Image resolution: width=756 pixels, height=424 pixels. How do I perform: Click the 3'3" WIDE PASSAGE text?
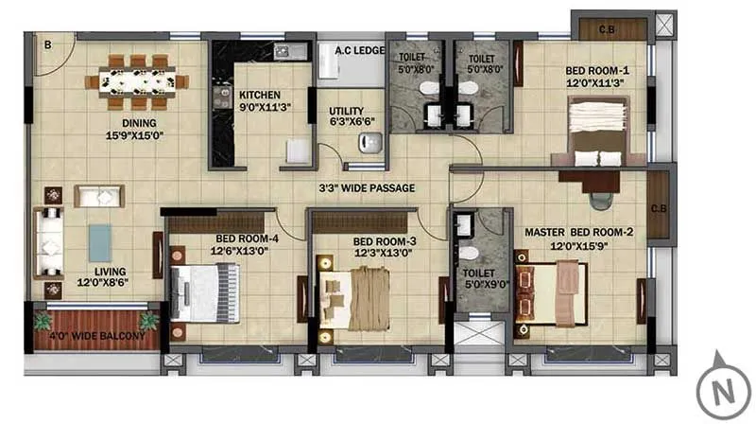click(367, 188)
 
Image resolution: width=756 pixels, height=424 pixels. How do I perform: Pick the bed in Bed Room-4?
click(202, 292)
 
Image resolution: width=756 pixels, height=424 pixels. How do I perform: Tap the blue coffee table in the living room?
click(100, 242)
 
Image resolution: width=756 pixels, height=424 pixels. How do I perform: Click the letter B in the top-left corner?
click(47, 43)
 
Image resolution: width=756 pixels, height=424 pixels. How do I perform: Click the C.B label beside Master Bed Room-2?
click(659, 209)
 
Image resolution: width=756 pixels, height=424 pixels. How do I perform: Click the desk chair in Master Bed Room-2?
click(601, 199)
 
